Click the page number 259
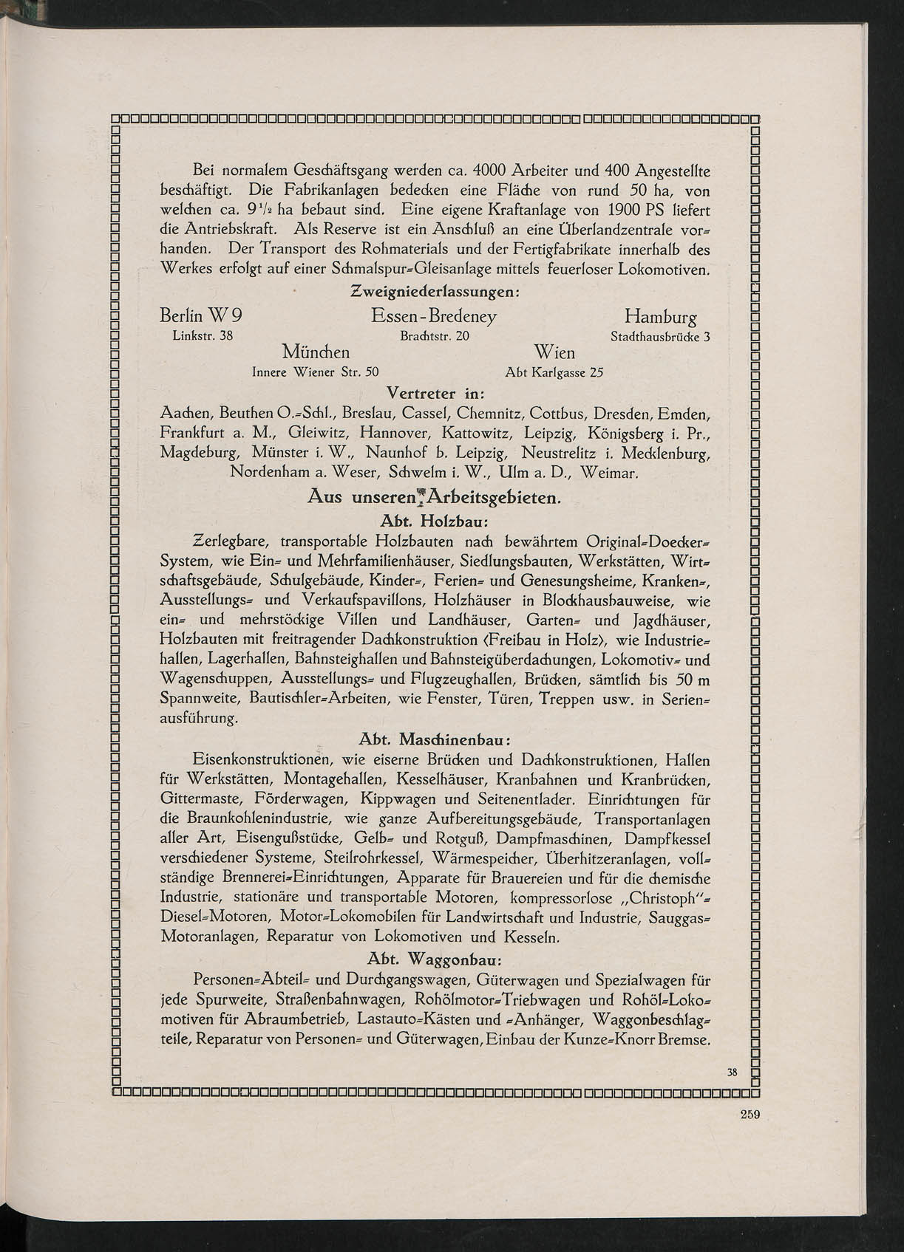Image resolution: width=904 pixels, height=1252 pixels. tap(750, 1116)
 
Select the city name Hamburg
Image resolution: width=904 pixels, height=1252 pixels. tap(660, 318)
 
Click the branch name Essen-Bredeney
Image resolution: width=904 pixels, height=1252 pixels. tap(434, 317)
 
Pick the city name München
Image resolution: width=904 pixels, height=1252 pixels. tap(316, 351)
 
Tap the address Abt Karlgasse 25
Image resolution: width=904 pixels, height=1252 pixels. tap(554, 372)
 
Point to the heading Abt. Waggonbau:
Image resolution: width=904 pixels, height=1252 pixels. tap(435, 959)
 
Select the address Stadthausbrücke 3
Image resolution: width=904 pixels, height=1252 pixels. tap(659, 337)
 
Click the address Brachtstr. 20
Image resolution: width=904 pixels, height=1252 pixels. tap(434, 336)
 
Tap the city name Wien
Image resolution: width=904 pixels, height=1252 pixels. tap(554, 352)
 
